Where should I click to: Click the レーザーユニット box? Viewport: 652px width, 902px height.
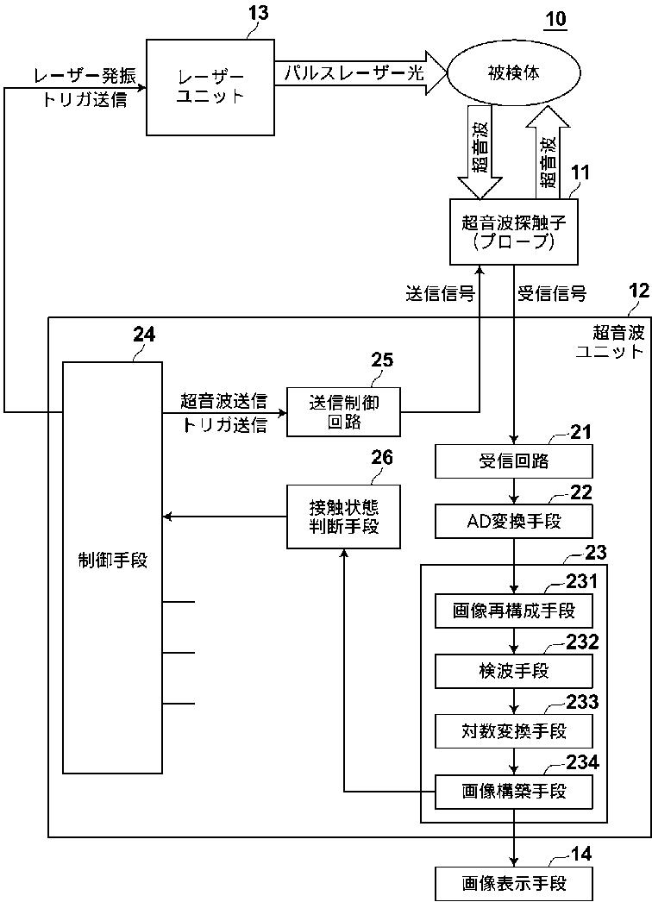click(210, 86)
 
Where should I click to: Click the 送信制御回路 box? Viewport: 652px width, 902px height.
click(343, 411)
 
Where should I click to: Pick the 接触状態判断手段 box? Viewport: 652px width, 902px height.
click(343, 517)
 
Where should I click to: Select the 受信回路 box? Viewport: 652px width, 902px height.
click(514, 461)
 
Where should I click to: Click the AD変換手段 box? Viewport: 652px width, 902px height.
click(514, 521)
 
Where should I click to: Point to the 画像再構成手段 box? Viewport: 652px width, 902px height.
click(514, 611)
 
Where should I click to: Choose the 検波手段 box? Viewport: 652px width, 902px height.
click(514, 671)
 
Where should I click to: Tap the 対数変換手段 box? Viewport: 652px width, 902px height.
click(514, 731)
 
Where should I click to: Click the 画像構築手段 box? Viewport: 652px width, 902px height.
click(514, 791)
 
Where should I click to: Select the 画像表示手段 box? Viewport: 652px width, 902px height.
click(514, 883)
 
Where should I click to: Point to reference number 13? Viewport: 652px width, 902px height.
click(257, 13)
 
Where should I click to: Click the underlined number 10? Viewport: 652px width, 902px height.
click(555, 19)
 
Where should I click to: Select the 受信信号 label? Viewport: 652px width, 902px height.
click(552, 294)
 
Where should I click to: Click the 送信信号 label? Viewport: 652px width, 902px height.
click(440, 294)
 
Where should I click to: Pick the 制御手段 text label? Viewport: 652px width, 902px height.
click(112, 560)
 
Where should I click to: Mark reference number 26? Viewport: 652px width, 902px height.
click(382, 457)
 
